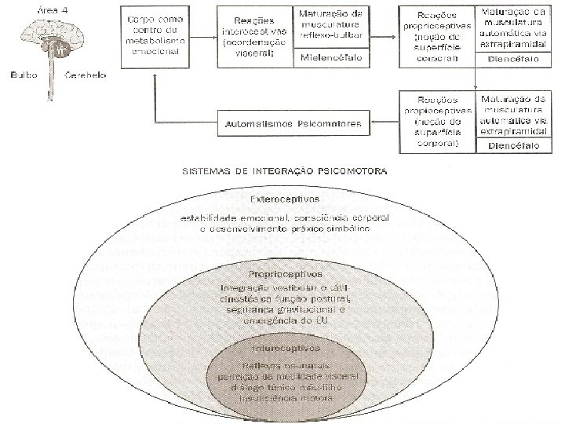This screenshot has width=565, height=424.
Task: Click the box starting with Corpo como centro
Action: (x=155, y=36)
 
